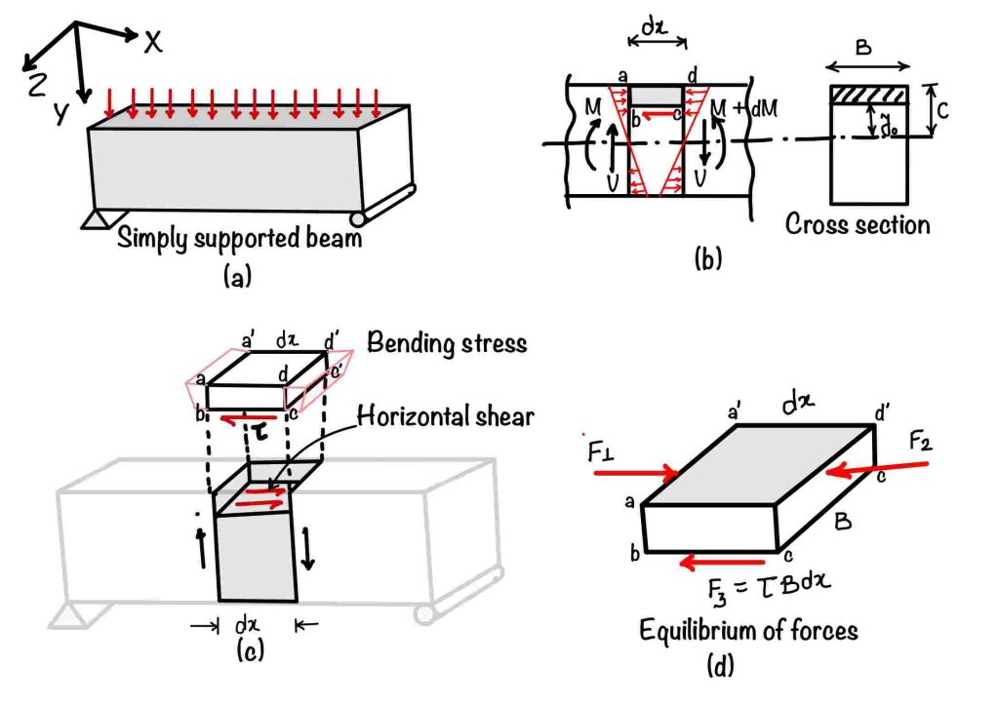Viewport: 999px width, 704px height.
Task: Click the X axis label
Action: click(152, 41)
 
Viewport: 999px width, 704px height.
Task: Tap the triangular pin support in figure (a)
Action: click(96, 219)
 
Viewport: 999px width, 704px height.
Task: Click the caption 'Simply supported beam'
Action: click(238, 239)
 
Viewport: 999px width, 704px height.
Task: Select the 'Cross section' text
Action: click(858, 224)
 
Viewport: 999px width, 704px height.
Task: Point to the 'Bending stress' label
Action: click(447, 343)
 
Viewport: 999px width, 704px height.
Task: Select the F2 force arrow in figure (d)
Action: click(878, 468)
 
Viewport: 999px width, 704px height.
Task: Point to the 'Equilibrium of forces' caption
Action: click(748, 630)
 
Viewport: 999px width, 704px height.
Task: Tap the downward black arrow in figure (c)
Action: click(309, 550)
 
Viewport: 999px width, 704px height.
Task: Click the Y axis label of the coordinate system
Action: click(60, 114)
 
